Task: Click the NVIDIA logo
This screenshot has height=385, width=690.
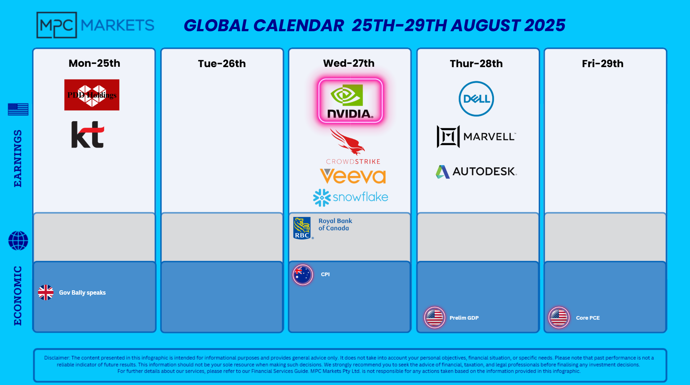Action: click(350, 101)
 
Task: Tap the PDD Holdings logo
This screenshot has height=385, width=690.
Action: click(92, 95)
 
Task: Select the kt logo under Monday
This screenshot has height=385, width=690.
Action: click(88, 135)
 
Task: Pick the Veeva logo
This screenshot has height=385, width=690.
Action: click(353, 176)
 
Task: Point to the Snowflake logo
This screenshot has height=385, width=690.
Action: click(351, 197)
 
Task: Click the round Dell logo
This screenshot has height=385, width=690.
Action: click(476, 99)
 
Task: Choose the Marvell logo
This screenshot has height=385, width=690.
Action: click(476, 136)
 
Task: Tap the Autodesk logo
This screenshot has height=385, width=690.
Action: click(476, 171)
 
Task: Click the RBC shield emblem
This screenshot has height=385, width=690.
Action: click(302, 228)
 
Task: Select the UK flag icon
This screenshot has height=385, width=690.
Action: click(46, 292)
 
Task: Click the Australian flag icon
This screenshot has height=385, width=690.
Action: click(303, 275)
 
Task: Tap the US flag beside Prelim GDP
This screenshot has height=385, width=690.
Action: click(434, 318)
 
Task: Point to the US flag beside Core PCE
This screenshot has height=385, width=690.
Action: click(559, 318)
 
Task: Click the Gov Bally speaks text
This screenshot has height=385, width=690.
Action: click(82, 292)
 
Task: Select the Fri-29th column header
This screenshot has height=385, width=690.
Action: click(603, 64)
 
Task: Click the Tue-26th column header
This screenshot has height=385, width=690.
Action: click(222, 64)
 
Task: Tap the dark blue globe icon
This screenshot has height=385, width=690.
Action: click(18, 241)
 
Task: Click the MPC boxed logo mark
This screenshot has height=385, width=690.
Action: click(57, 25)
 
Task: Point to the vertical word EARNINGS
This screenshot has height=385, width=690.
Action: click(17, 159)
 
